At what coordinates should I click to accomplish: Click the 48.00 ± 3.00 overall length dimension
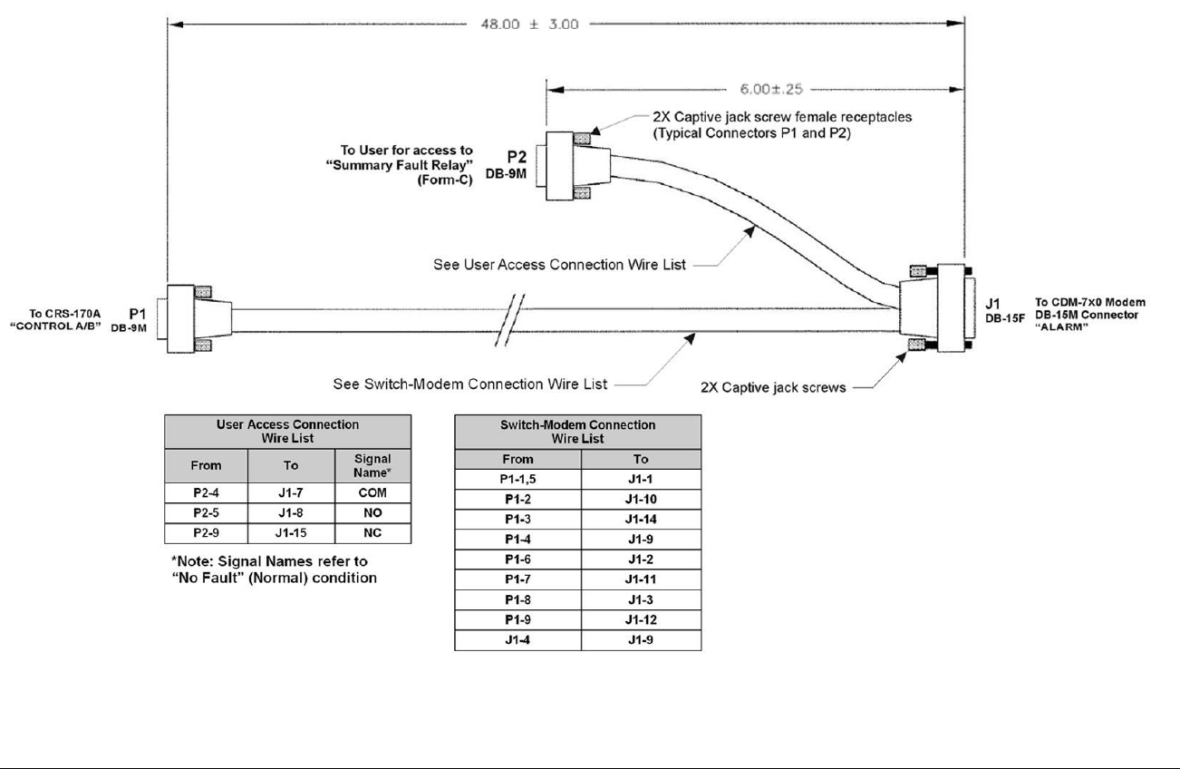(x=529, y=24)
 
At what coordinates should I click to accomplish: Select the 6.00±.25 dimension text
(x=771, y=89)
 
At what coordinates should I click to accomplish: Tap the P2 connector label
(x=517, y=157)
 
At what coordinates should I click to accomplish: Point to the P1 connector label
(x=138, y=314)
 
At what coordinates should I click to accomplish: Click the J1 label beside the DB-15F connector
(x=992, y=304)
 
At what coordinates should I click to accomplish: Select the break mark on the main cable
(x=510, y=320)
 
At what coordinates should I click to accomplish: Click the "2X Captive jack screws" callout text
(x=773, y=387)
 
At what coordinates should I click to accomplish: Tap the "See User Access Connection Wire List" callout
(x=559, y=265)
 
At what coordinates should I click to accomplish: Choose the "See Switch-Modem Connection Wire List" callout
(x=469, y=384)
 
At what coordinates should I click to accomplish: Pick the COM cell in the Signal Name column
(x=372, y=492)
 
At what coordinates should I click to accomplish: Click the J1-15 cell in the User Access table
(x=291, y=533)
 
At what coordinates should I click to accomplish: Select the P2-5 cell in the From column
(x=206, y=513)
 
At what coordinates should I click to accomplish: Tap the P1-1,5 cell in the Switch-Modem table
(x=517, y=479)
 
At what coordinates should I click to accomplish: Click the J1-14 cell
(x=641, y=520)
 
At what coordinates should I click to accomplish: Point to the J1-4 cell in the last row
(x=517, y=640)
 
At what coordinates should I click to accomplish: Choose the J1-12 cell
(x=641, y=620)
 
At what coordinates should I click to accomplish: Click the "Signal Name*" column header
(x=372, y=465)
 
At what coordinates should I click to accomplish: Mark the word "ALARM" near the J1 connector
(x=1061, y=326)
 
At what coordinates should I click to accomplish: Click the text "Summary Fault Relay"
(x=400, y=165)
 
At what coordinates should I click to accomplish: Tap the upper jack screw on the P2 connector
(x=582, y=139)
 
